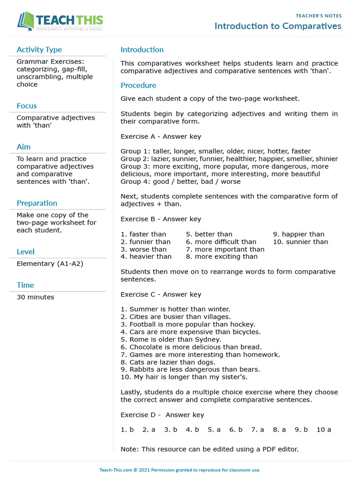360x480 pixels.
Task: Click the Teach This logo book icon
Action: tap(26, 22)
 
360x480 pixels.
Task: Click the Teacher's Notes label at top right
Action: tap(318, 16)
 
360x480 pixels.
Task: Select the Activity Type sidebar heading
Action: tap(39, 50)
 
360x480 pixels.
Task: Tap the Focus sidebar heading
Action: tap(27, 106)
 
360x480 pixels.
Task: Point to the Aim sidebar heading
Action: tap(23, 147)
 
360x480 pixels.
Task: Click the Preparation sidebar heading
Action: tap(37, 203)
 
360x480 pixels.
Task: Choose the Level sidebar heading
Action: tap(25, 252)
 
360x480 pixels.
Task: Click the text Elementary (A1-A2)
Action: tap(50, 264)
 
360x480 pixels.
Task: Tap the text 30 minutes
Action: tap(35, 297)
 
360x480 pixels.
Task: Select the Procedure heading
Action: tap(138, 85)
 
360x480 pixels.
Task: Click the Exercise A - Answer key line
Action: tap(161, 136)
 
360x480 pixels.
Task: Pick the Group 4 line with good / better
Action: tap(180, 181)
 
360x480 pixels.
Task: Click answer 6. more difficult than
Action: tap(221, 242)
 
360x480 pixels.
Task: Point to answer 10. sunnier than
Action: tap(300, 242)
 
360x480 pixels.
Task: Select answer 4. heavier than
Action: tap(146, 256)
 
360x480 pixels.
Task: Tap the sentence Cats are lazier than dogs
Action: tap(168, 362)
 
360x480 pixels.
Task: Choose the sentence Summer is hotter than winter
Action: tap(175, 309)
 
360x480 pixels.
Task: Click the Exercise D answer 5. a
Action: tap(214, 429)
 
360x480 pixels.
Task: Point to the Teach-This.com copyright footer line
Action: tap(180, 470)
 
